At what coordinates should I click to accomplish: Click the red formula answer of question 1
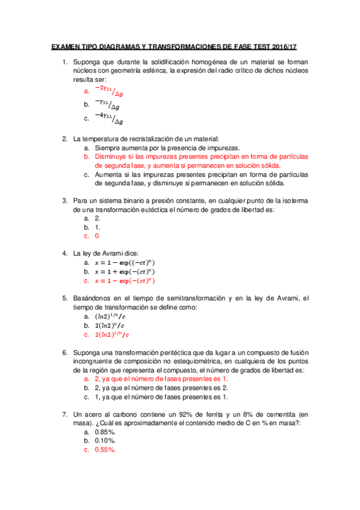[108, 90]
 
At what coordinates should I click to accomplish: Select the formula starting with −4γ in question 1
[108, 118]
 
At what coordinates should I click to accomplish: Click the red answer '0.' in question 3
[97, 236]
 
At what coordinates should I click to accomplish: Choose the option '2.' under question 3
[97, 219]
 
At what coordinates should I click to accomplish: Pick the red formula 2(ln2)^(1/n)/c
[112, 334]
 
